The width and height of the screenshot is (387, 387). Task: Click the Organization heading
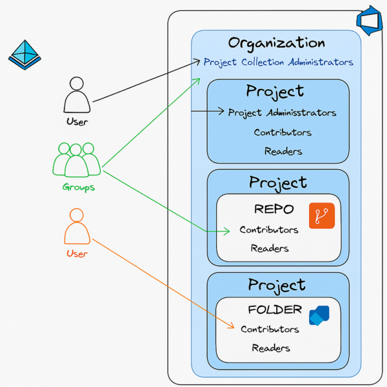pyautogui.click(x=276, y=44)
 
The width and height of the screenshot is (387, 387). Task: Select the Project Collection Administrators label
pyautogui.click(x=279, y=63)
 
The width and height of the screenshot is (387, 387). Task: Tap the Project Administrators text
pyautogui.click(x=282, y=113)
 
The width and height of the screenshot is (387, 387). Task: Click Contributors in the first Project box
pyautogui.click(x=283, y=133)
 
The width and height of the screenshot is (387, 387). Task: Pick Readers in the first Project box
pyautogui.click(x=283, y=152)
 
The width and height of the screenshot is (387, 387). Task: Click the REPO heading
pyautogui.click(x=273, y=210)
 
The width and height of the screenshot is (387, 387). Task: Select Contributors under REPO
pyautogui.click(x=269, y=230)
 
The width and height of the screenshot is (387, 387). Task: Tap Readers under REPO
pyautogui.click(x=270, y=248)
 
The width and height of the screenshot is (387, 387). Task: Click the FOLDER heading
pyautogui.click(x=275, y=310)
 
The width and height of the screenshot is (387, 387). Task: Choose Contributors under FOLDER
pyautogui.click(x=270, y=329)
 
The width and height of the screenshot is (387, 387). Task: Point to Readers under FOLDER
pyautogui.click(x=271, y=348)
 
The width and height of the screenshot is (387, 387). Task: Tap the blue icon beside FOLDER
pyautogui.click(x=319, y=316)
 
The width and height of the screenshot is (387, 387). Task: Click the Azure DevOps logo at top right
pyautogui.click(x=368, y=21)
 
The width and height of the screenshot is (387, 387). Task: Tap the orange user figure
pyautogui.click(x=77, y=226)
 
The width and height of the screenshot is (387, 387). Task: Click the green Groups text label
pyautogui.click(x=78, y=188)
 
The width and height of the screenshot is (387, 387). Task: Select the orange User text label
pyautogui.click(x=77, y=253)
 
